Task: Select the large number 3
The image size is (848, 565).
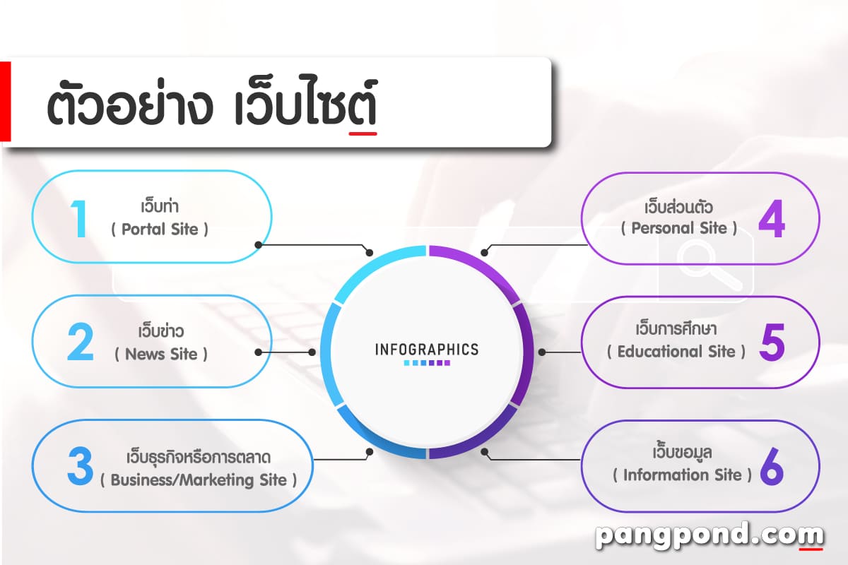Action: [x=80, y=465]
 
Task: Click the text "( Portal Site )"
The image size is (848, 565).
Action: [x=160, y=230]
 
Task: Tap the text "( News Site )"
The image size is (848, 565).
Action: [x=161, y=354]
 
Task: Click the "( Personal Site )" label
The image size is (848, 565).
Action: [x=679, y=228]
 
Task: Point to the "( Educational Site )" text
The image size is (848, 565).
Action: [x=676, y=351]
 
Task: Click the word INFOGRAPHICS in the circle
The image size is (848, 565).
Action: [x=426, y=349]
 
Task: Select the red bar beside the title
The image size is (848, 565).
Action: [x=5, y=101]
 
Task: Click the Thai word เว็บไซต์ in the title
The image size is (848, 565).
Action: [x=305, y=107]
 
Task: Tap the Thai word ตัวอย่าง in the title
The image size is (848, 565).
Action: [x=129, y=107]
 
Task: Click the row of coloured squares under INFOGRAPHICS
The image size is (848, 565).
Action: [x=427, y=363]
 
